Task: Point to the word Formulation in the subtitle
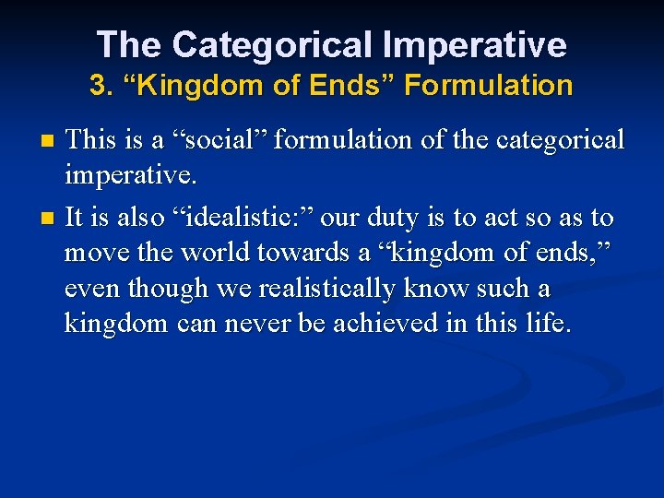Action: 489,87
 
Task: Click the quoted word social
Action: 215,139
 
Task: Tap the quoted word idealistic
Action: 243,218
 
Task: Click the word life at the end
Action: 551,324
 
